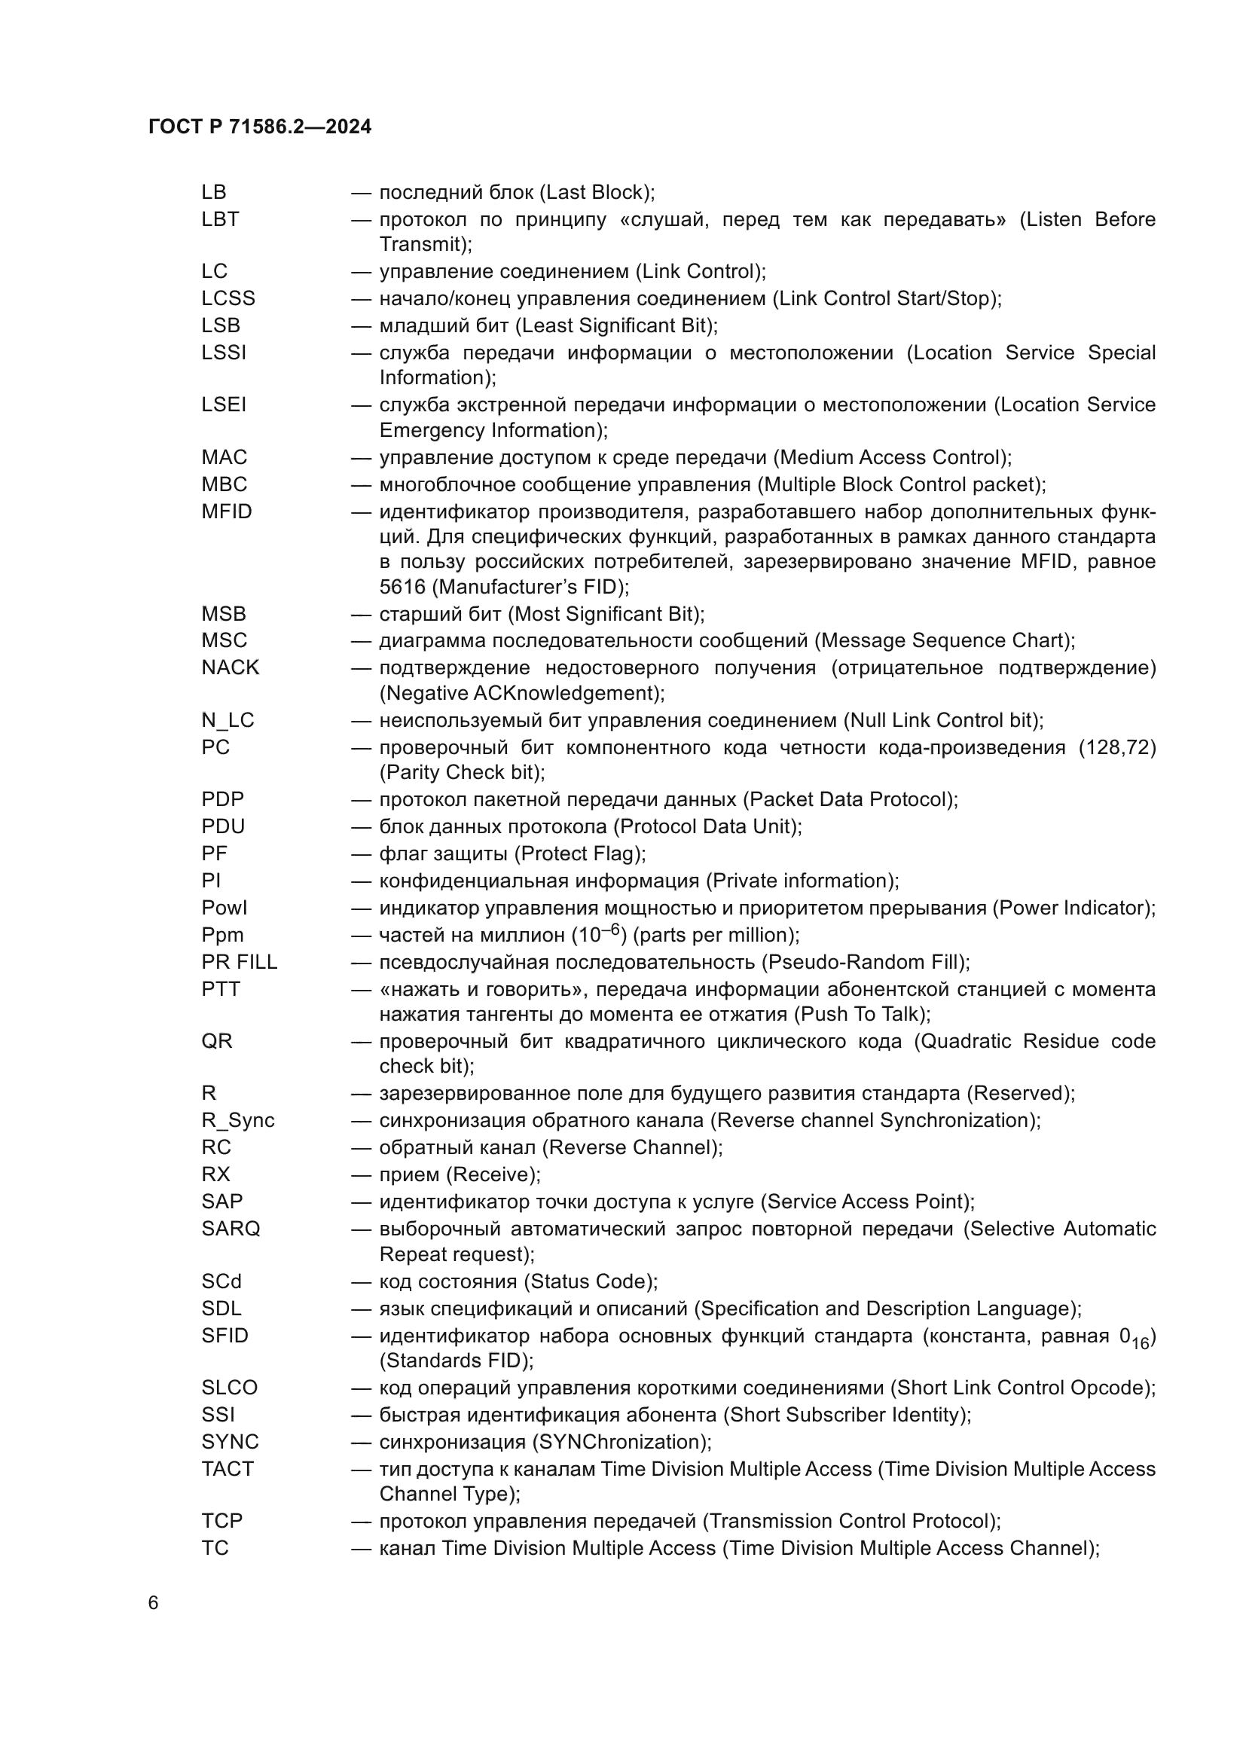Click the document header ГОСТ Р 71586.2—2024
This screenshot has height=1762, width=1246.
pos(259,127)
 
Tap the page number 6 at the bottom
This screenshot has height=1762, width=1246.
pos(154,1603)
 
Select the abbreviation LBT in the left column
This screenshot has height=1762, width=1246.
pos(220,219)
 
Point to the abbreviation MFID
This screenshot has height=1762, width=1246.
pos(226,511)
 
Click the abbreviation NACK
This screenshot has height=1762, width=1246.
pos(231,667)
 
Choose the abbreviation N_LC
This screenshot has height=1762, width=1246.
pos(227,720)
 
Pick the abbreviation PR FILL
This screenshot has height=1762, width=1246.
pos(239,961)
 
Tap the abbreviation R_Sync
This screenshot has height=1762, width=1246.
pos(237,1120)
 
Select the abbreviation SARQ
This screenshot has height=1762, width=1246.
pos(231,1229)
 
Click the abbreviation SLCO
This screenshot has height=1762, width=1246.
pos(230,1388)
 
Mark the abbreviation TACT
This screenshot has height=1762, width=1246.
pos(227,1469)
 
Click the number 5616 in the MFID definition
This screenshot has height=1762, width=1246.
pos(402,587)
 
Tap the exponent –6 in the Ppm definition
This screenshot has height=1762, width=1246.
pos(610,930)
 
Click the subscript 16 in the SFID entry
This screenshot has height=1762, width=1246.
pos(1140,1344)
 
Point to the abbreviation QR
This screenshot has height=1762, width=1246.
pos(216,1041)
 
